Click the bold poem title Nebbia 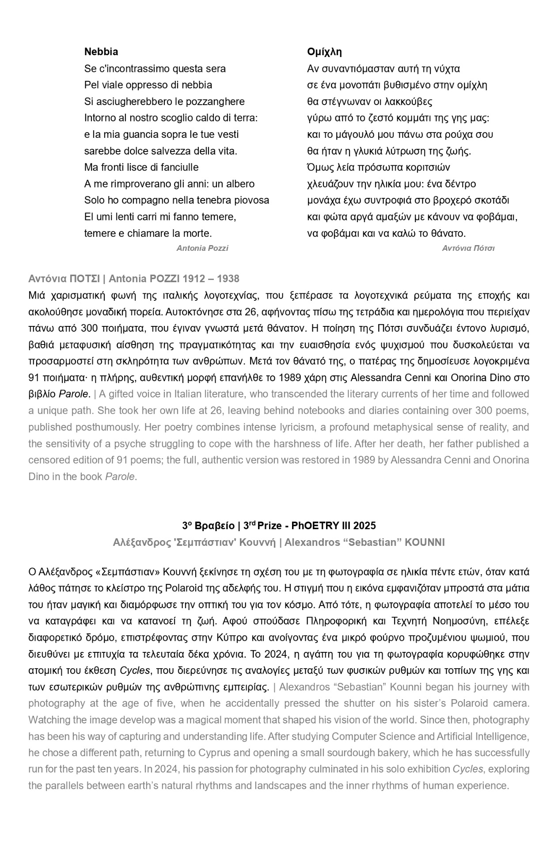coord(101,52)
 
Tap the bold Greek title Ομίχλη coord(324,52)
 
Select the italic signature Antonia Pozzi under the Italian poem coord(202,248)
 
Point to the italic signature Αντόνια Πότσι coord(468,248)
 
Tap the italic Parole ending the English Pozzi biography coord(120,477)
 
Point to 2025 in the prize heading coord(364,526)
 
